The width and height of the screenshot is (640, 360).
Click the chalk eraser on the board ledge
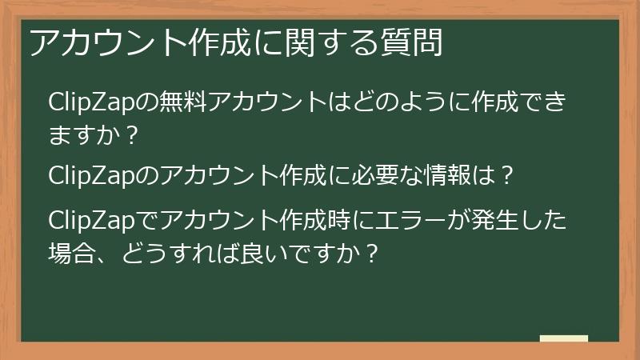[x=563, y=338]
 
